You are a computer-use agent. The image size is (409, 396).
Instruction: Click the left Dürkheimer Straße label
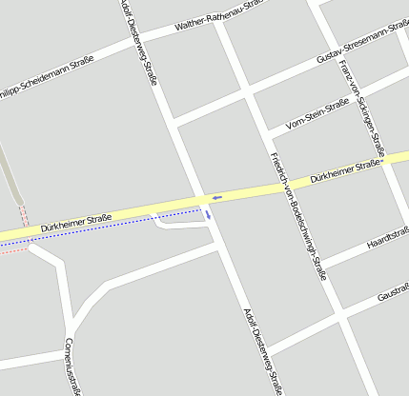pyautogui.click(x=76, y=223)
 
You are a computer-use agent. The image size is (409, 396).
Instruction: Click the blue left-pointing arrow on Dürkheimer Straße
pyautogui.click(x=216, y=197)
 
